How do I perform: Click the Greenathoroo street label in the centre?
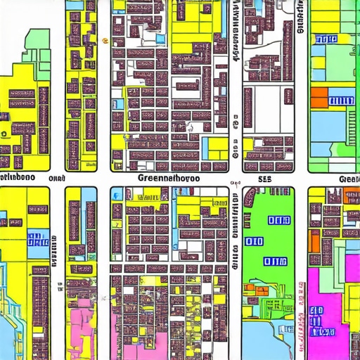pyautogui.click(x=169, y=179)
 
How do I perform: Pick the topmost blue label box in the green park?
pyautogui.click(x=279, y=220)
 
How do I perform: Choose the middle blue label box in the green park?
pyautogui.click(x=254, y=242)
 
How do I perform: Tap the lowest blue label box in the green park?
pyautogui.click(x=276, y=262)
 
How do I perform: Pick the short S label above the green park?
pyautogui.click(x=265, y=179)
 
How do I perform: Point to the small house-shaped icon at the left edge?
pyautogui.click(x=5, y=131)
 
